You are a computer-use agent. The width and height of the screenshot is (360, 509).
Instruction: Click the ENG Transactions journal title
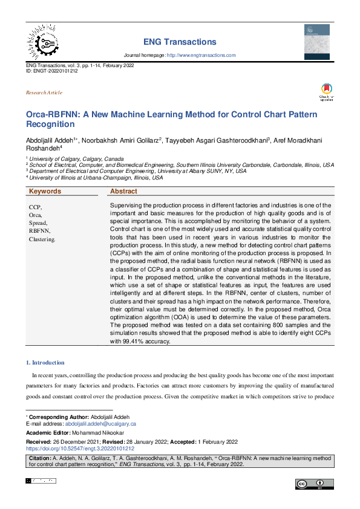(180, 42)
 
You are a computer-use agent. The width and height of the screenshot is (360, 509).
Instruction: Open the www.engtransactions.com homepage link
(201, 55)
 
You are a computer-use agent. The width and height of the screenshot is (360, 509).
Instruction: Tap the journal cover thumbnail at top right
(316, 41)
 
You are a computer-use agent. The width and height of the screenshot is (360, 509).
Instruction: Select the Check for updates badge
(327, 92)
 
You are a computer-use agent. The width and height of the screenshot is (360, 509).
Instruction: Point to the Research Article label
(44, 92)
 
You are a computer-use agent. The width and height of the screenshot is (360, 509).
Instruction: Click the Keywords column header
(45, 191)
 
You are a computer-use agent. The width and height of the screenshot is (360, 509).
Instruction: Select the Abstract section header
(123, 191)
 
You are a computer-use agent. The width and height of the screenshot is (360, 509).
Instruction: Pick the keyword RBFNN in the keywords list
(39, 231)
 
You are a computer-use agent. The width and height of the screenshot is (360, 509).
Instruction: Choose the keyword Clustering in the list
(42, 239)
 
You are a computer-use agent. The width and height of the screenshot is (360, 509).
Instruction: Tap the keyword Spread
(38, 223)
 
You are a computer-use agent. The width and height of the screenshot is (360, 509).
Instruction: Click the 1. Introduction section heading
(45, 363)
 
